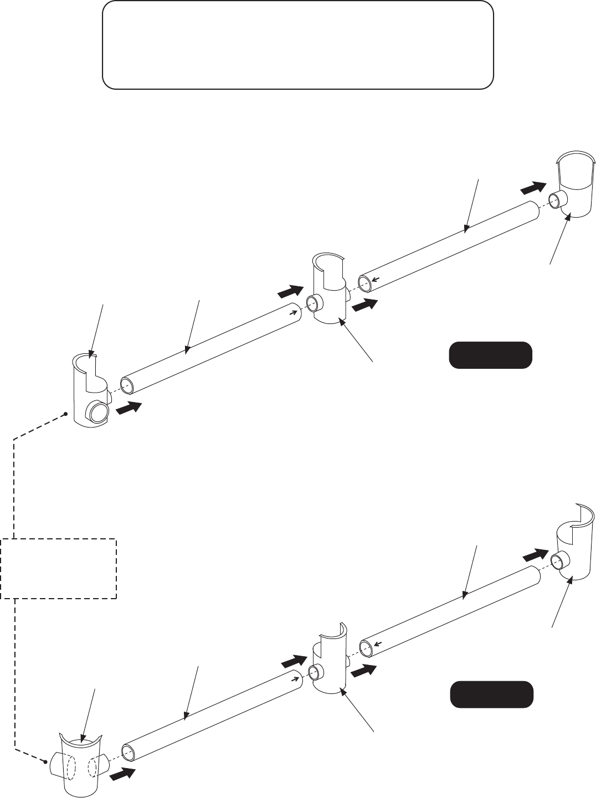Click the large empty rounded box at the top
pyautogui.click(x=297, y=44)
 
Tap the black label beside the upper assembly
pyautogui.click(x=490, y=356)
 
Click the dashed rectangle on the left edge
pyautogui.click(x=58, y=568)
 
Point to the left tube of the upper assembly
pyautogui.click(x=210, y=343)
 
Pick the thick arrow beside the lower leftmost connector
pyautogui.click(x=122, y=774)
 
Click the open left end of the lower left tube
pyautogui.click(x=128, y=752)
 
